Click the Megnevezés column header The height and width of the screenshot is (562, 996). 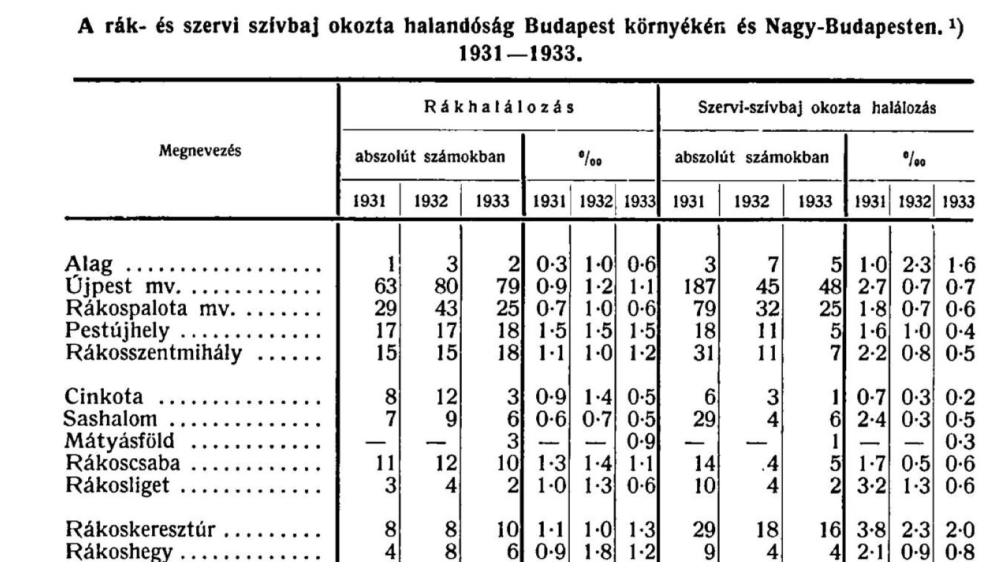pyautogui.click(x=199, y=150)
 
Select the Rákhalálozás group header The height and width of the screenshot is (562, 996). pyautogui.click(x=499, y=107)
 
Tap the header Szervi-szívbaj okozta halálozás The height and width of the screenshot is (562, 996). pyautogui.click(x=816, y=108)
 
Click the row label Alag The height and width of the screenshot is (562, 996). pyautogui.click(x=89, y=264)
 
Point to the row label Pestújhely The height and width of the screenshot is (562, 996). pyautogui.click(x=117, y=331)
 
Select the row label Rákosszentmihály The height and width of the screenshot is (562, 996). pyautogui.click(x=153, y=353)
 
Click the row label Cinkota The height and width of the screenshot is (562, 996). pyautogui.click(x=104, y=397)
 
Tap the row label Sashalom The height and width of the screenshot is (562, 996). pyautogui.click(x=110, y=419)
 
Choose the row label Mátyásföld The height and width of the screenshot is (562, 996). pyautogui.click(x=120, y=441)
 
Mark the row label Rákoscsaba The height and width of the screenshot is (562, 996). pyautogui.click(x=123, y=464)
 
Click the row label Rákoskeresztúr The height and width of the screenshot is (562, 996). pyautogui.click(x=140, y=530)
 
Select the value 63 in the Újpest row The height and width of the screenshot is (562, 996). pyautogui.click(x=385, y=287)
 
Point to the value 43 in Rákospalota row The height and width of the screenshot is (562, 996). pyautogui.click(x=445, y=309)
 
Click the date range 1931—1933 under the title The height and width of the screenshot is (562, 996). pyautogui.click(x=520, y=54)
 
